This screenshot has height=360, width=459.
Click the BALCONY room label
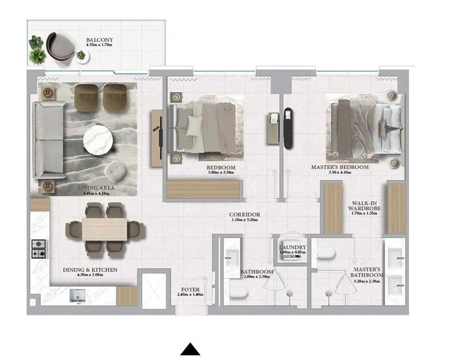[100, 40]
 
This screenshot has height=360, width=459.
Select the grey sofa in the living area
[48, 139]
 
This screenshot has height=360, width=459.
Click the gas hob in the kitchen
[38, 249]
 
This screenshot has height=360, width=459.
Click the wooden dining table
[105, 229]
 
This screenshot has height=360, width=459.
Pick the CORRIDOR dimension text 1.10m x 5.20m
[245, 220]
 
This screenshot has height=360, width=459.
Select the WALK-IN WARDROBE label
[364, 205]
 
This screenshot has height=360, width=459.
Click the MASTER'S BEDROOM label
[339, 167]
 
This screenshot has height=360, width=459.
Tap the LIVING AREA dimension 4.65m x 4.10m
[96, 193]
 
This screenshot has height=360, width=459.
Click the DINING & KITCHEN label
[90, 270]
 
